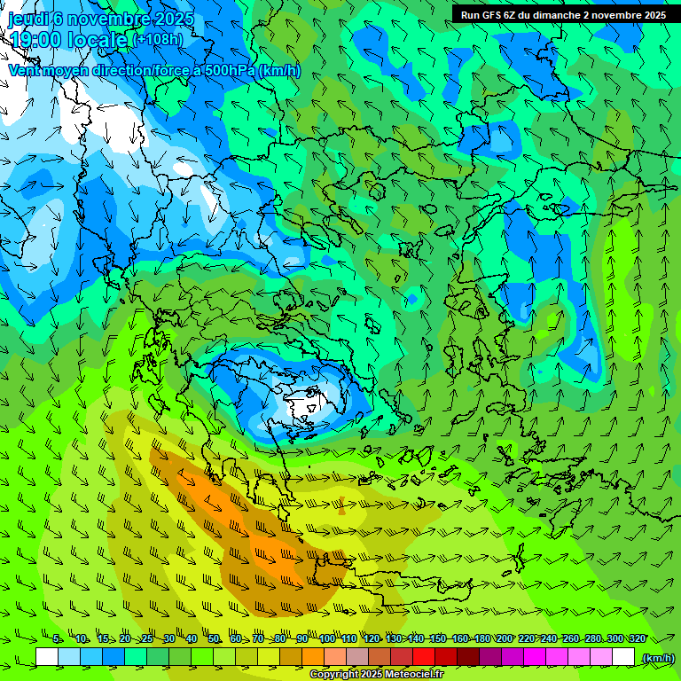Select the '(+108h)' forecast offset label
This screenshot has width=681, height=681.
[x=159, y=40]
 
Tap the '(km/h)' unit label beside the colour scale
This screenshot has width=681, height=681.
[x=658, y=658]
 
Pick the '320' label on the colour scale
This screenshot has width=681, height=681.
[x=636, y=638]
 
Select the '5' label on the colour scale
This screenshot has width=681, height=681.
[x=58, y=638]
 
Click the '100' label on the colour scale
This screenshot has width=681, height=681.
[x=327, y=638]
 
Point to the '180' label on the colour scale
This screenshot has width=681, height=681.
[x=481, y=638]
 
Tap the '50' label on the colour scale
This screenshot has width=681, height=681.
[x=214, y=638]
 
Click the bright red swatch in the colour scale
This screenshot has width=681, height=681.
[x=424, y=657]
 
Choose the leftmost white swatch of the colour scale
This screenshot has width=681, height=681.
[x=47, y=657]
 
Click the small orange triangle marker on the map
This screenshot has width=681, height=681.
[x=341, y=509]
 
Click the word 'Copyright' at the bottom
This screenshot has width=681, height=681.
[x=334, y=675]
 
